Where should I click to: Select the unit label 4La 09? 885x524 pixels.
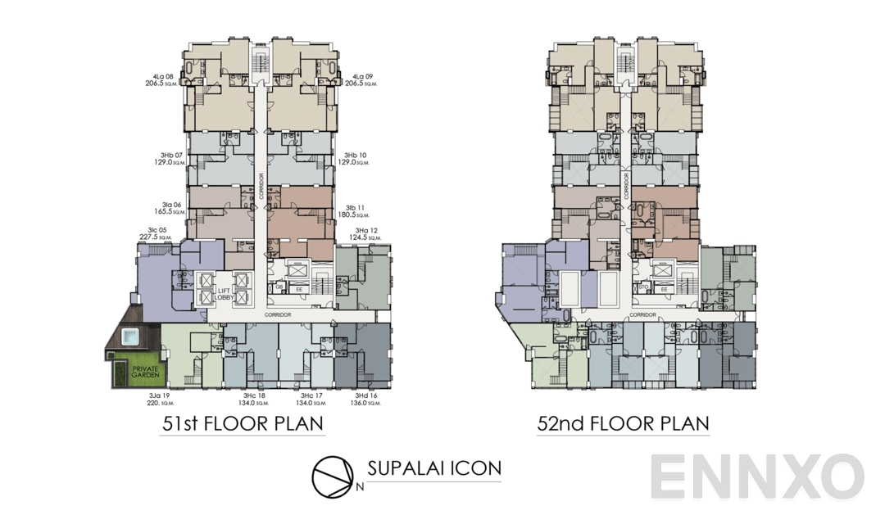(361, 79)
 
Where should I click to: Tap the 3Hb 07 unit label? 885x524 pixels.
(173, 159)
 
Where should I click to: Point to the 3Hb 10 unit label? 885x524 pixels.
(354, 159)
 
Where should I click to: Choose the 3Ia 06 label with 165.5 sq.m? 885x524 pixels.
(173, 209)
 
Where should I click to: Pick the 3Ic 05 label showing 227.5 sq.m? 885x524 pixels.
(158, 233)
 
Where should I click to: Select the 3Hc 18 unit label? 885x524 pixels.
(252, 399)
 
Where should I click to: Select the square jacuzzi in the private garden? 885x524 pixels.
(130, 337)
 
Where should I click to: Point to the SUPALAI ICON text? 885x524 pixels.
(434, 468)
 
